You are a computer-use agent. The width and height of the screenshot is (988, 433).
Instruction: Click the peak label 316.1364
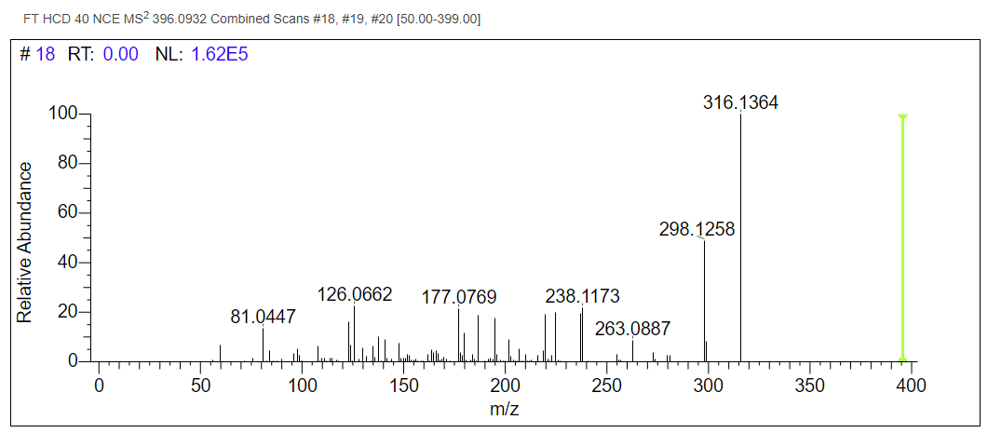click(740, 102)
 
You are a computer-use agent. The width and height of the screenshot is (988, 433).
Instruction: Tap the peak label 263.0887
click(632, 329)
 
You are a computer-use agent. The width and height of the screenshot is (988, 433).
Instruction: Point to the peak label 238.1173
click(582, 296)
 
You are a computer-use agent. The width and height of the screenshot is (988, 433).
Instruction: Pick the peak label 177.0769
click(459, 297)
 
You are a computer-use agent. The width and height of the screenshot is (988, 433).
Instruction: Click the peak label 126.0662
click(355, 295)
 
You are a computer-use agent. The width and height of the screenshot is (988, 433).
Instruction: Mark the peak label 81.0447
click(263, 318)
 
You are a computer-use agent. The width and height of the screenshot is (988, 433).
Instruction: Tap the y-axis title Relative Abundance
click(25, 242)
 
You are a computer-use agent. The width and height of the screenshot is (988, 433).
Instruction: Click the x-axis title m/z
click(504, 408)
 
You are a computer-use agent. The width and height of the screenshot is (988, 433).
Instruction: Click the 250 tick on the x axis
click(606, 385)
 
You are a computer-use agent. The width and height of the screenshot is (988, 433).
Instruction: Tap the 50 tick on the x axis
click(200, 385)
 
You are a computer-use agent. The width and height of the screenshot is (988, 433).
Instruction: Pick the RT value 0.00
click(120, 55)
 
